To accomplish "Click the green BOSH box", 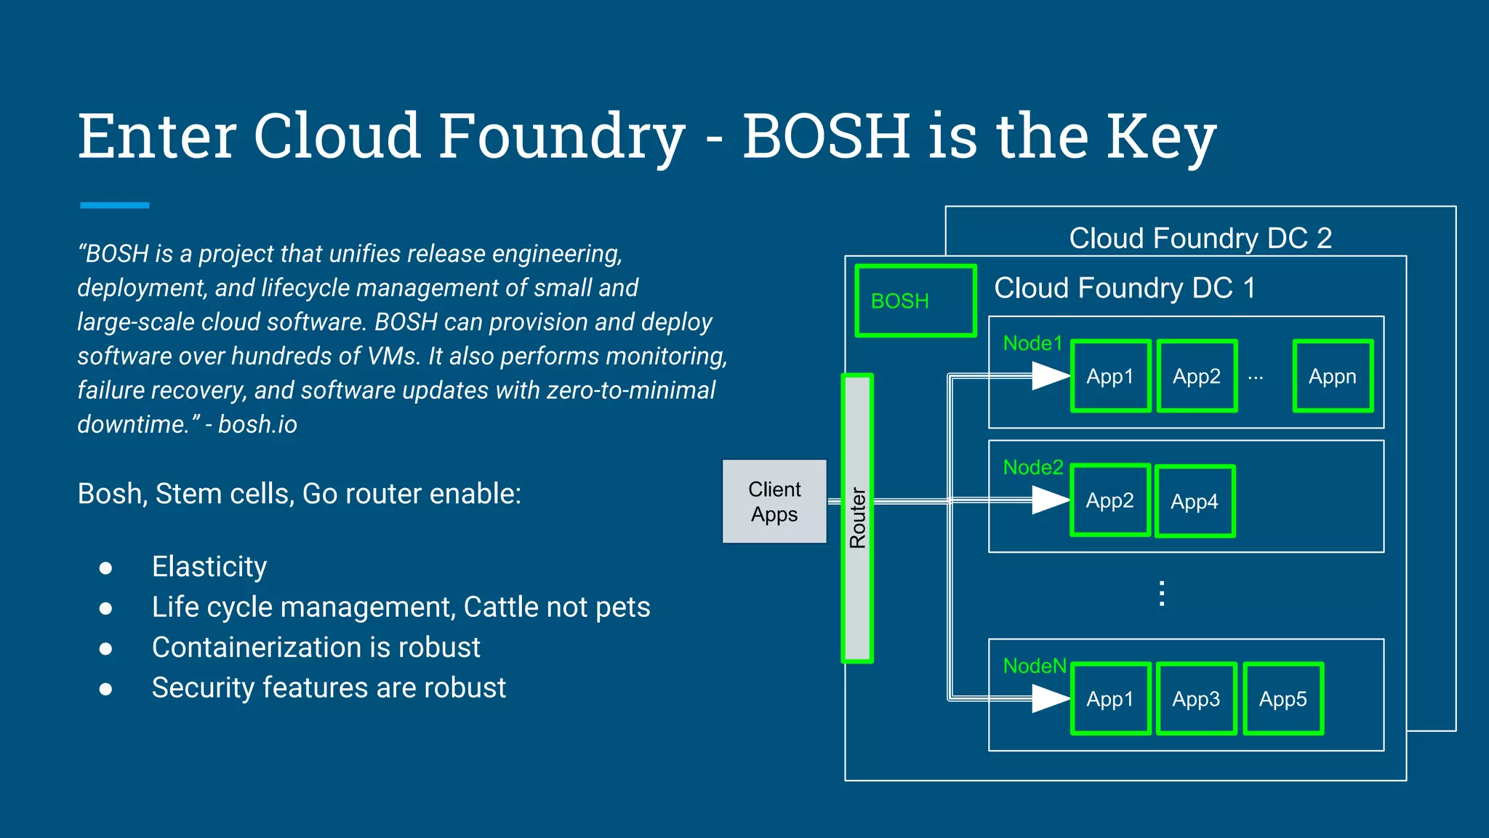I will (x=915, y=300).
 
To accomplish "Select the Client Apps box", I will (x=774, y=501).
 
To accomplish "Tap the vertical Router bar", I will (x=857, y=518).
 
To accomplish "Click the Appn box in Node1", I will (x=1333, y=376).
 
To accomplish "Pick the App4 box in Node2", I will (x=1195, y=501).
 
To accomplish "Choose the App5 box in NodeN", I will (x=1283, y=699).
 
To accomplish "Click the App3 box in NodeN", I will (x=1197, y=699).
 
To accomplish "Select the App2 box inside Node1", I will (x=1197, y=376).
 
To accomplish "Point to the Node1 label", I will (x=1032, y=343).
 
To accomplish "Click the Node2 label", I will (x=1033, y=468).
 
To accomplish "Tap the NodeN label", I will (x=1035, y=666).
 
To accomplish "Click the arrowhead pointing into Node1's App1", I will (x=1050, y=376).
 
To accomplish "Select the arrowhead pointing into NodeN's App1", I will (x=1050, y=699).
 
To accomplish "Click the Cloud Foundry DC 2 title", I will (x=1200, y=238).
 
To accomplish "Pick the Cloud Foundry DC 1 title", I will (x=1125, y=288).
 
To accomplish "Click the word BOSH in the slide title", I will (x=826, y=136).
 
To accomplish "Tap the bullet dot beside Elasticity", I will (x=106, y=568).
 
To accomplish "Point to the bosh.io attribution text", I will (x=257, y=424).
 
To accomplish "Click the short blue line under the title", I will (x=115, y=206).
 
